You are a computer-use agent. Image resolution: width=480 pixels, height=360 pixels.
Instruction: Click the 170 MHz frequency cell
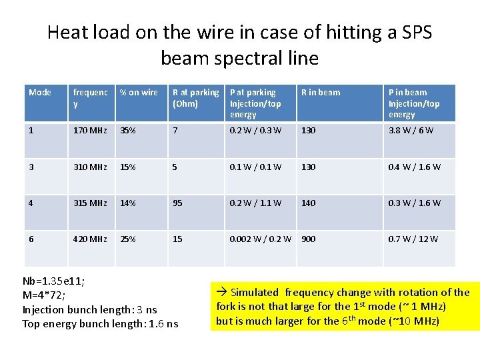90,130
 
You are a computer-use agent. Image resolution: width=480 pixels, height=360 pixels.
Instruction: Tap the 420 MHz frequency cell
90,239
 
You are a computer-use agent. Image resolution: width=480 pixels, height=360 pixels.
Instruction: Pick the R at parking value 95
177,203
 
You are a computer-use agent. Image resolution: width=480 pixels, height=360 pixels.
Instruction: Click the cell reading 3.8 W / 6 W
411,130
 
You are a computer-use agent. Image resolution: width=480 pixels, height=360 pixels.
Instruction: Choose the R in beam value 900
309,239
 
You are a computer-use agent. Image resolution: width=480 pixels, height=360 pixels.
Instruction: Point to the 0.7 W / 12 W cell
413,239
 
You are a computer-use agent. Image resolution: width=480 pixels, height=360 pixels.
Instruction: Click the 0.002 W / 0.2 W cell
260,239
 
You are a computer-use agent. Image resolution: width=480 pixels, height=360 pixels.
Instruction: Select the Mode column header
40,93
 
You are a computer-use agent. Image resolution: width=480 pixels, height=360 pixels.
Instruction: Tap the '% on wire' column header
139,93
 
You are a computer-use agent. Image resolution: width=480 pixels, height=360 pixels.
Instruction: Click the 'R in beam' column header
321,93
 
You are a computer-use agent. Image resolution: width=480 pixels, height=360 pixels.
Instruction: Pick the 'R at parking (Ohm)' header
195,98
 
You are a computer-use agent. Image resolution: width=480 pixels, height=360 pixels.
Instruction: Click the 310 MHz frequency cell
90,167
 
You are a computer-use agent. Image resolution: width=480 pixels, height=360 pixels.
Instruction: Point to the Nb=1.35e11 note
53,281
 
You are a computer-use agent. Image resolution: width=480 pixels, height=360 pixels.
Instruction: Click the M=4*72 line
44,295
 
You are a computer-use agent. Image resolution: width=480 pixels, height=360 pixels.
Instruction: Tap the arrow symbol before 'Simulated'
222,292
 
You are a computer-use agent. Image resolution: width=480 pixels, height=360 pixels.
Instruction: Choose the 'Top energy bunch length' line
101,324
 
